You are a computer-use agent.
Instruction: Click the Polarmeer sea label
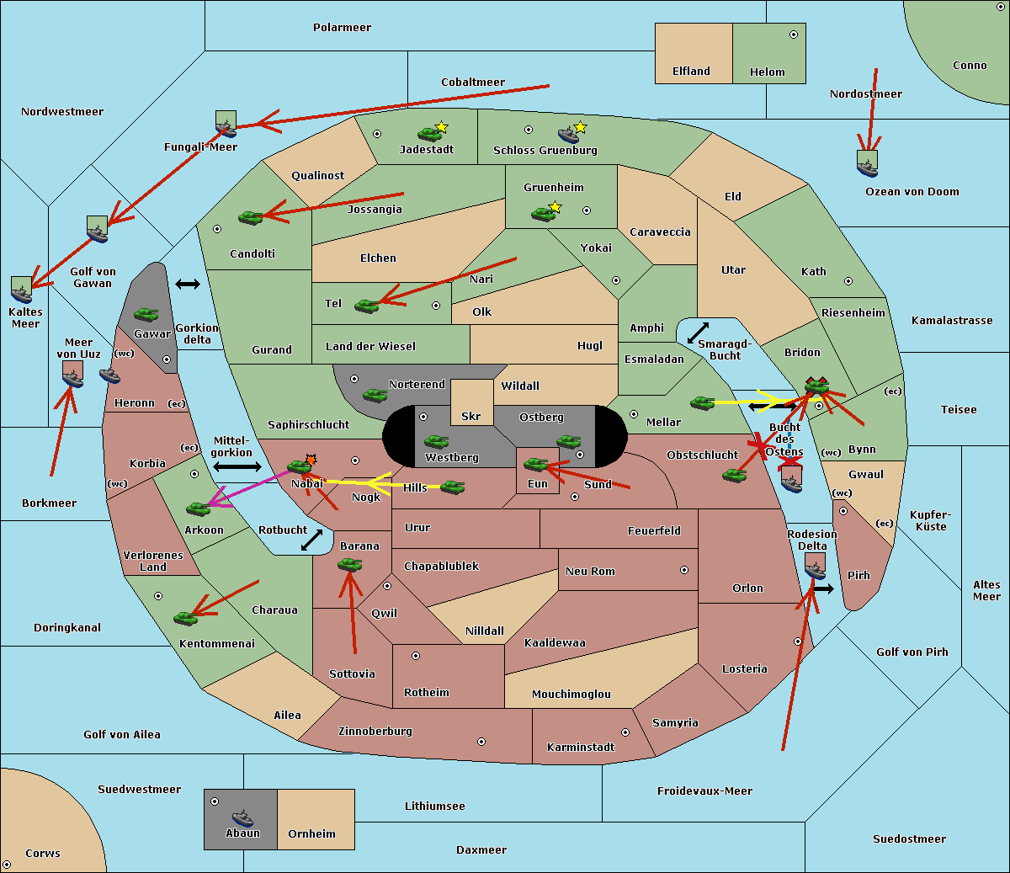pos(342,28)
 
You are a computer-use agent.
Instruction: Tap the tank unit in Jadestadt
pos(429,133)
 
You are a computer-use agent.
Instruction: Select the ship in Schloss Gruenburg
pos(569,135)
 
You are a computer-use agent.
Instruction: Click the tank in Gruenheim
pos(543,214)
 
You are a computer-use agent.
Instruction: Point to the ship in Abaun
pos(242,818)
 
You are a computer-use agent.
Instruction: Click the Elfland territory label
pos(691,72)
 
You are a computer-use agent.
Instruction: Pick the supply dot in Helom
pos(793,35)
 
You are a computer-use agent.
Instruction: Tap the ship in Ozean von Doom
pos(867,167)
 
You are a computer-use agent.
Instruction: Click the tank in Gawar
pos(146,314)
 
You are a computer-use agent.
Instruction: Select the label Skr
pos(471,417)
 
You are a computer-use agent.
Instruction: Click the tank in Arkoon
pos(198,508)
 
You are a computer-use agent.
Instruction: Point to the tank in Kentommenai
pos(186,619)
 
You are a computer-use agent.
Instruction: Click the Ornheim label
pos(311,834)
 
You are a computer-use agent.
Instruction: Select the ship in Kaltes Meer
pos(22,292)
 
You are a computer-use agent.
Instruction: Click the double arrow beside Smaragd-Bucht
pos(698,333)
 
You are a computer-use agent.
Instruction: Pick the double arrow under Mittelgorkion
pos(237,466)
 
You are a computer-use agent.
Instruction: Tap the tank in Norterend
pos(375,395)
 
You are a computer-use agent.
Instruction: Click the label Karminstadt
pos(581,748)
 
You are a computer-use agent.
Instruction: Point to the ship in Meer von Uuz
pos(73,378)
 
